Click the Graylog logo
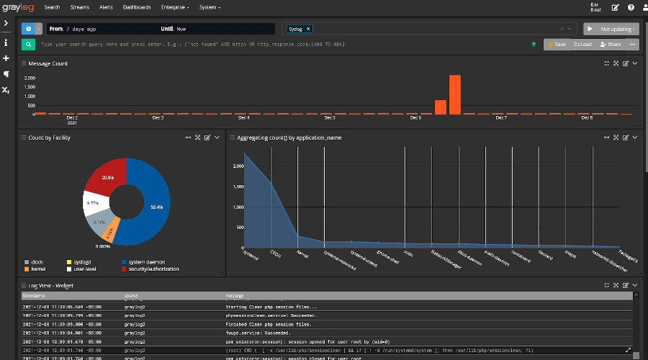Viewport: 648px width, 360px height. [19, 7]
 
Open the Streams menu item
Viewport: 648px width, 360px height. [79, 7]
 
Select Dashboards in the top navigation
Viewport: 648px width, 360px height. [137, 7]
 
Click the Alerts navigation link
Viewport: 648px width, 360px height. [106, 7]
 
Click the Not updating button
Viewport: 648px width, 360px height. [611, 29]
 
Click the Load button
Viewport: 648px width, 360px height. [582, 44]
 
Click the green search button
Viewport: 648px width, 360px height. [29, 44]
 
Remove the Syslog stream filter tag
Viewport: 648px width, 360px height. [308, 29]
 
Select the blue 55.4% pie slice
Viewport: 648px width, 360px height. [151, 205]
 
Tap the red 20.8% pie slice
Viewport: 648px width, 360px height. [108, 176]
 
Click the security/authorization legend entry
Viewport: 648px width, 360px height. [154, 269]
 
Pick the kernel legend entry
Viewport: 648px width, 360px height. [37, 269]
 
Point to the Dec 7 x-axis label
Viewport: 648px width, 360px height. [501, 117]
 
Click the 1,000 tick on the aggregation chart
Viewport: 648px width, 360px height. [237, 207]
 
